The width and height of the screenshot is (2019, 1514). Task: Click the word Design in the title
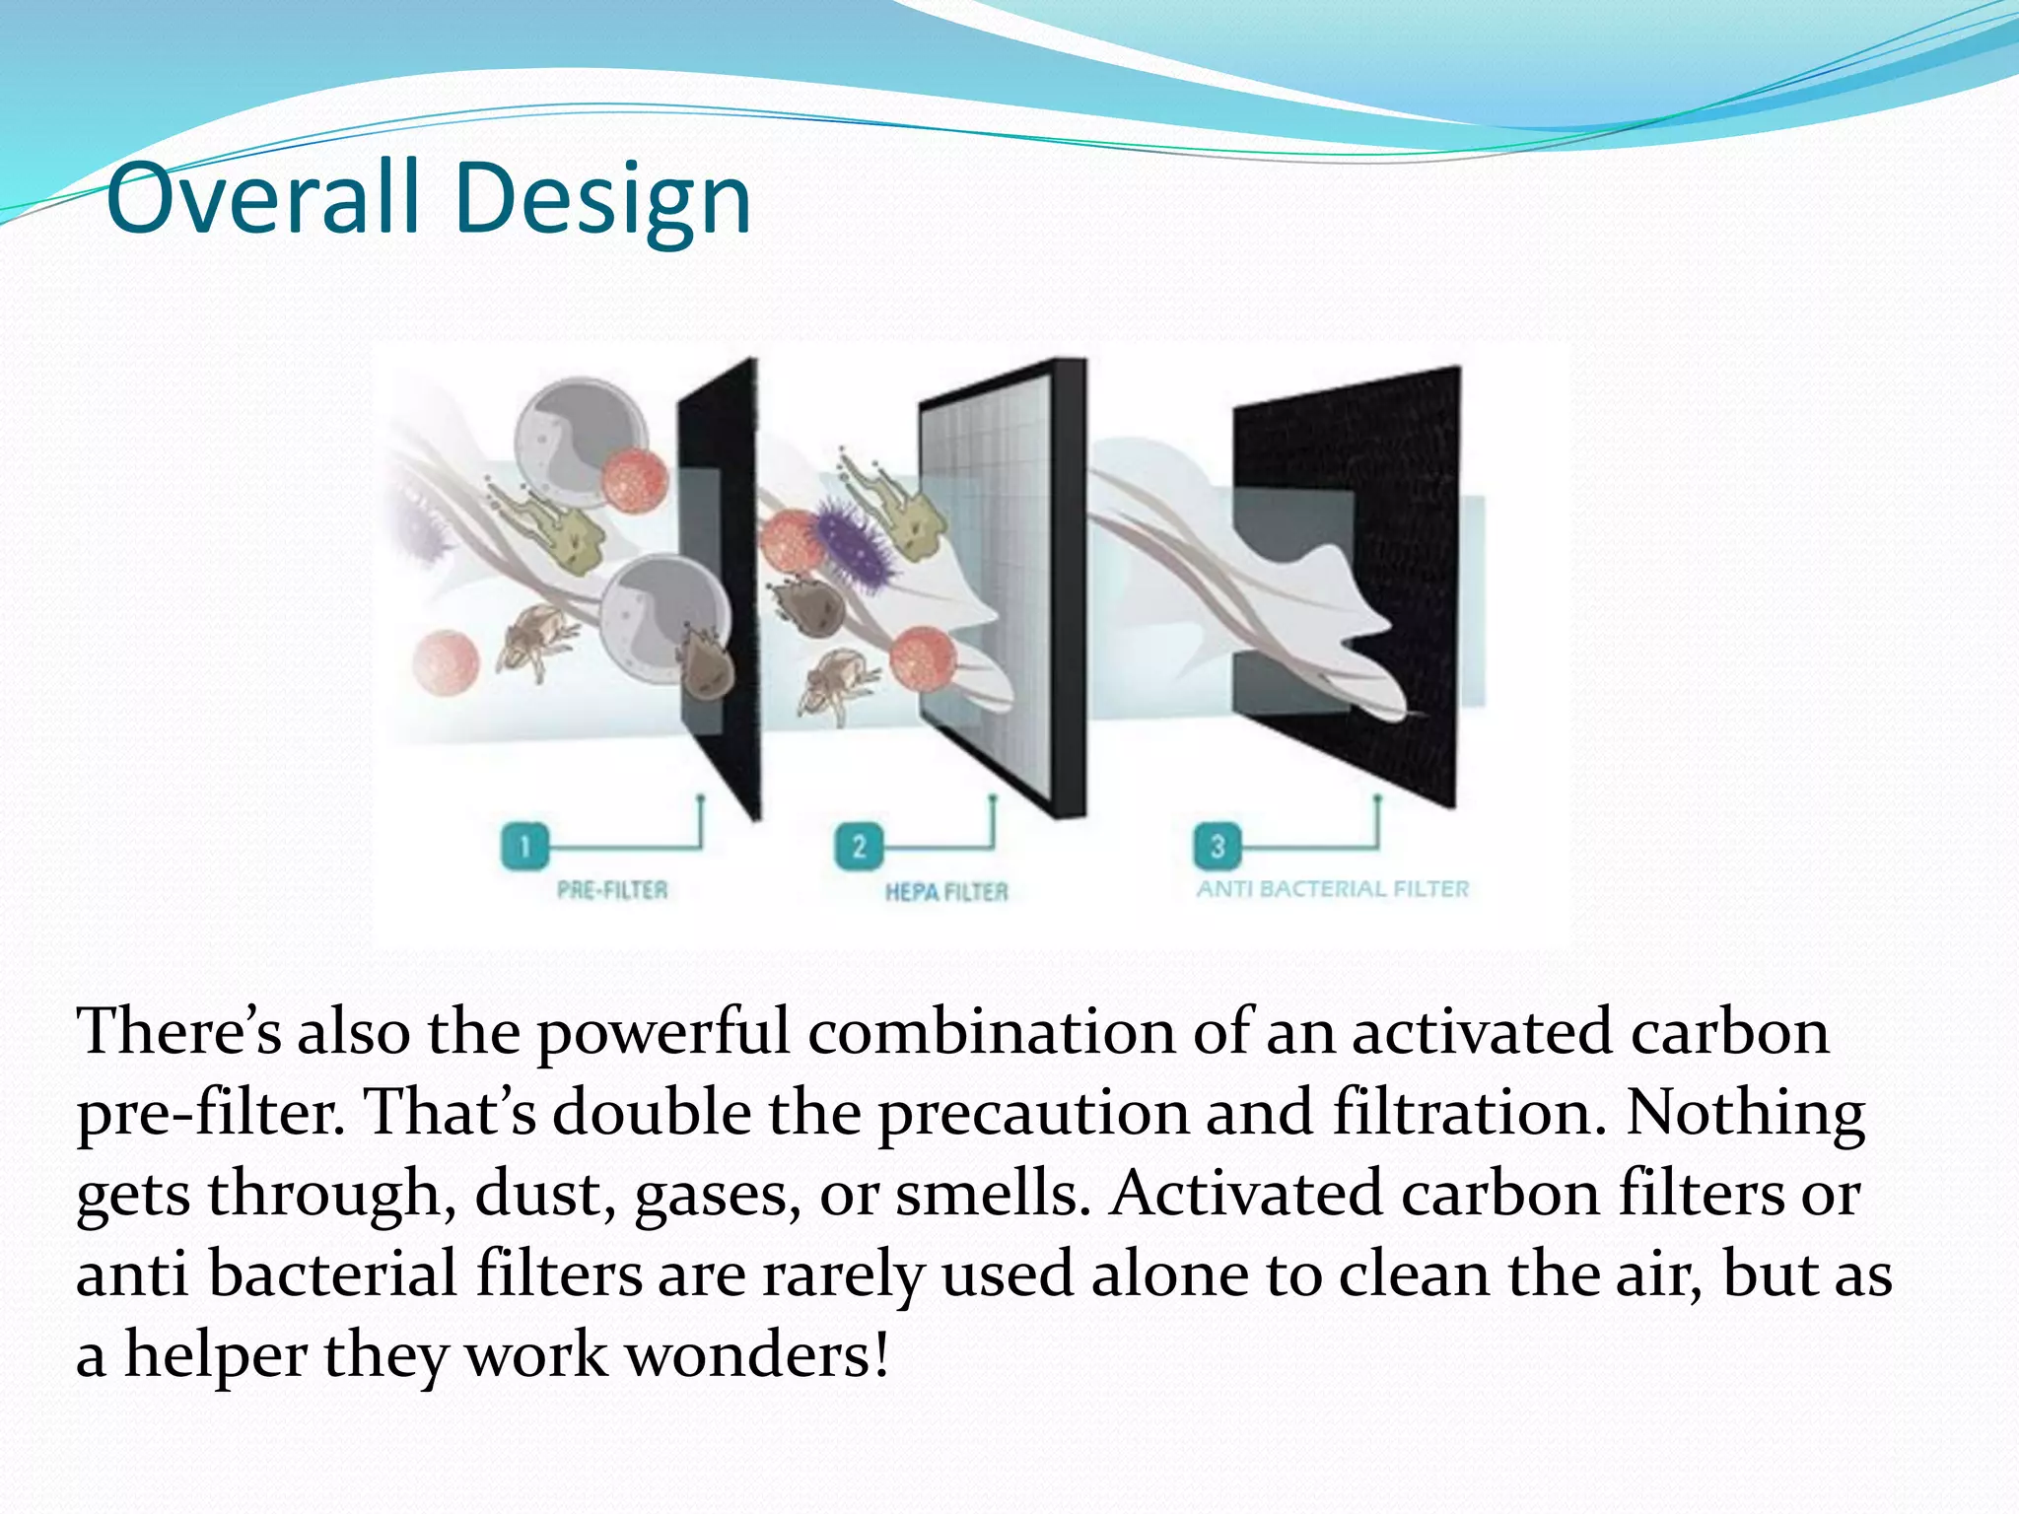(603, 202)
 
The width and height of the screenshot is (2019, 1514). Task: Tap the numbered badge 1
(524, 846)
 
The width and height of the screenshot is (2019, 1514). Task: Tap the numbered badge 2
(859, 846)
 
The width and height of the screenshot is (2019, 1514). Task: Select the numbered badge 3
(1218, 846)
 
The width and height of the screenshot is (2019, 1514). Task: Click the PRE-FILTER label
(612, 890)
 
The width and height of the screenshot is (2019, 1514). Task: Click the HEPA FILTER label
(946, 892)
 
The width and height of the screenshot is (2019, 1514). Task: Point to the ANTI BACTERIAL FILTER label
(1333, 889)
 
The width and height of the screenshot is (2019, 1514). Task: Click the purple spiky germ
(854, 548)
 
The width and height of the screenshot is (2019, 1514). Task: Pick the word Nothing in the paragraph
(1745, 1112)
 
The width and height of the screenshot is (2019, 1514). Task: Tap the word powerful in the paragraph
(662, 1033)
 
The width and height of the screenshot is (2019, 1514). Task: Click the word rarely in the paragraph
(843, 1273)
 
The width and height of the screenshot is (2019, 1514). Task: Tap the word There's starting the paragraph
(179, 1031)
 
